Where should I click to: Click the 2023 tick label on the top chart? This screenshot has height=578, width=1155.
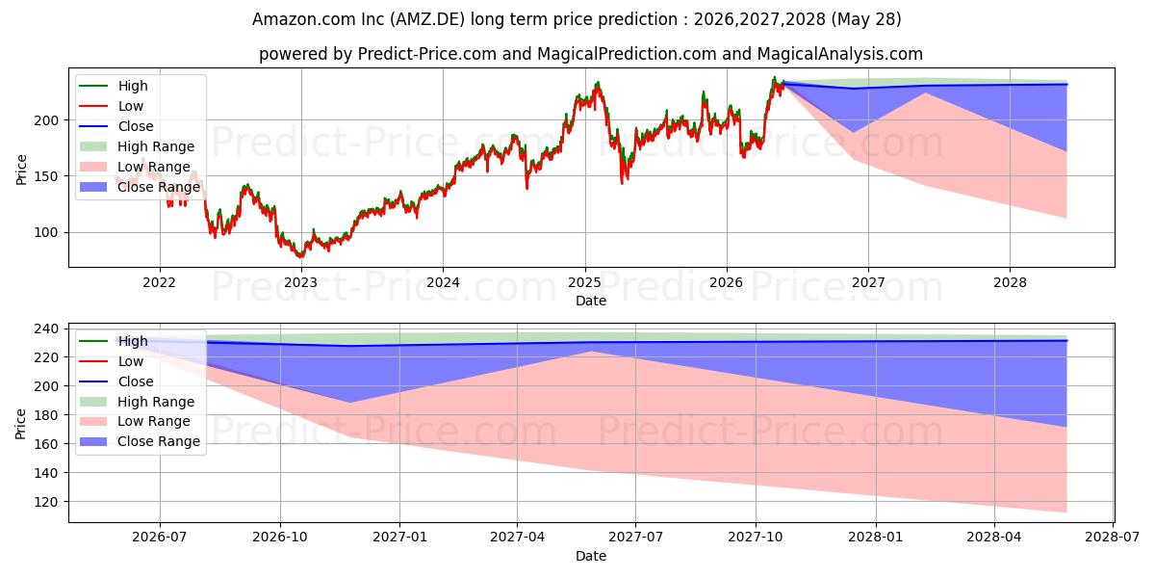pyautogui.click(x=301, y=283)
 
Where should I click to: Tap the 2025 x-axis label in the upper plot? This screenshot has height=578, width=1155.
pyautogui.click(x=585, y=283)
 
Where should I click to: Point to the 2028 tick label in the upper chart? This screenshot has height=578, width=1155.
pyautogui.click(x=1010, y=283)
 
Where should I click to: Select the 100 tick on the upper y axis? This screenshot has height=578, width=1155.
pyautogui.click(x=46, y=233)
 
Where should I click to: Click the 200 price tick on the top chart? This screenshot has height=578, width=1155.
pyautogui.click(x=46, y=120)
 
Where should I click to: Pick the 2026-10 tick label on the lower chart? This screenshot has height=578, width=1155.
pyautogui.click(x=280, y=538)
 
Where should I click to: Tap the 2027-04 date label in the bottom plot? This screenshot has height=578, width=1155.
pyautogui.click(x=517, y=538)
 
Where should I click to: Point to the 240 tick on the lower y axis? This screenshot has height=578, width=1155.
pyautogui.click(x=46, y=328)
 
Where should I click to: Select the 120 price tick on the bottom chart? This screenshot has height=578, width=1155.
pyautogui.click(x=46, y=502)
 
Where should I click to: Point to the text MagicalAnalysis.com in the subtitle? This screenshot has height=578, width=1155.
pyautogui.click(x=839, y=54)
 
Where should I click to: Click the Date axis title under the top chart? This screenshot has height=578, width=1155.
pyautogui.click(x=591, y=301)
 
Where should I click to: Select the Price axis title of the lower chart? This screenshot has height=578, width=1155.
pyautogui.click(x=20, y=424)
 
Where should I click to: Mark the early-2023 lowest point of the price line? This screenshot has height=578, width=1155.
pyautogui.click(x=300, y=256)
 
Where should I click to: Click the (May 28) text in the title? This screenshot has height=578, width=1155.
pyautogui.click(x=866, y=19)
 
